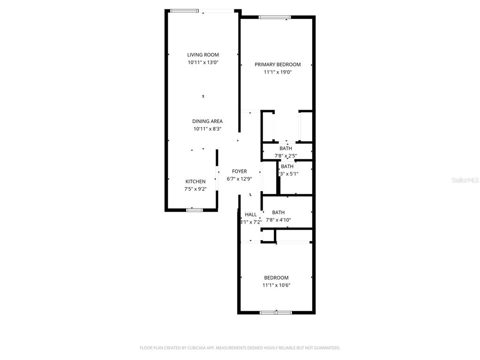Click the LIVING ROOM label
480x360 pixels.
(x=203, y=55)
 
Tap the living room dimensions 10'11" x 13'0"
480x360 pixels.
(x=203, y=62)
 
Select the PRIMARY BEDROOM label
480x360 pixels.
(x=277, y=65)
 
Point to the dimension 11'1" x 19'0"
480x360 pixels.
(x=277, y=72)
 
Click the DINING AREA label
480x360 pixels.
(x=207, y=121)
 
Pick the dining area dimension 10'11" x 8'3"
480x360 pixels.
(x=207, y=129)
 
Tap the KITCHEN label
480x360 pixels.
(x=195, y=182)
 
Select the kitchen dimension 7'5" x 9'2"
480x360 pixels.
(x=195, y=189)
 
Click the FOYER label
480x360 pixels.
(x=239, y=172)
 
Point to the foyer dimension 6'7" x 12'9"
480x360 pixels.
(x=239, y=179)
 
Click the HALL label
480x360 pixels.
(x=251, y=215)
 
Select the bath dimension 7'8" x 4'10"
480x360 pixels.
(x=278, y=220)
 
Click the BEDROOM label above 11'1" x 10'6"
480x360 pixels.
(x=276, y=278)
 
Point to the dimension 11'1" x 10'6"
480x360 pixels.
(x=276, y=285)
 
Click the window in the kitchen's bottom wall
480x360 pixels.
(x=194, y=210)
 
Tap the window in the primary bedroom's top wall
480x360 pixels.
(x=275, y=17)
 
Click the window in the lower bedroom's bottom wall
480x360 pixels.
(x=276, y=312)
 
